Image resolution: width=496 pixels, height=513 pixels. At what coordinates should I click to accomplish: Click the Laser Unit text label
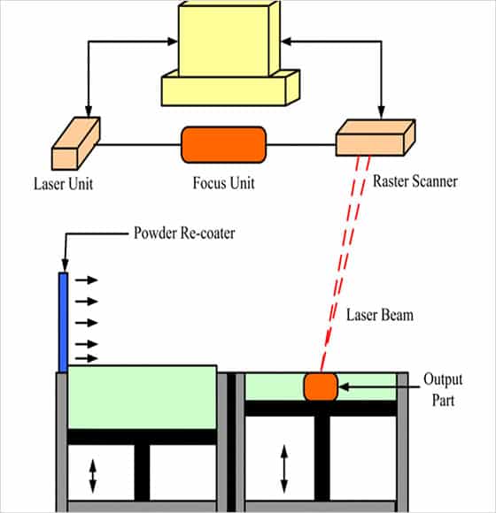tap(63, 184)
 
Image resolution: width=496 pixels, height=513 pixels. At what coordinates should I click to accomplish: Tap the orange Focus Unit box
tap(224, 144)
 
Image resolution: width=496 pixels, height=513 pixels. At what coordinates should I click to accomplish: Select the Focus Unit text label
tap(223, 182)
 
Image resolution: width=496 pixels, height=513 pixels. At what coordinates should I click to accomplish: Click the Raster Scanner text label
tap(415, 181)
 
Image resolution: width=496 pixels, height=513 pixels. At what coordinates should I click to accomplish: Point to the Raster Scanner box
tap(376, 137)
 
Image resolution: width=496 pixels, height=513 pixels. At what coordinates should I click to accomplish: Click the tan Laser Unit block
tap(76, 143)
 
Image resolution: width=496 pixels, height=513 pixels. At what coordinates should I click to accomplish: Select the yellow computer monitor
tap(229, 39)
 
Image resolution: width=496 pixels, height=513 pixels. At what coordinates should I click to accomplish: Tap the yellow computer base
tap(230, 88)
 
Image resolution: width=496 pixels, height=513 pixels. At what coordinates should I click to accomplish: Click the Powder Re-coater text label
tap(184, 233)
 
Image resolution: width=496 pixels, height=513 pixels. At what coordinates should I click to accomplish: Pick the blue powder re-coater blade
tap(63, 322)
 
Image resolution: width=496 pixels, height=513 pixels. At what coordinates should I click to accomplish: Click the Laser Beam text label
tap(380, 315)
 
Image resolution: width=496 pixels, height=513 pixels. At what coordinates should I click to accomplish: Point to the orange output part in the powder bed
tap(321, 387)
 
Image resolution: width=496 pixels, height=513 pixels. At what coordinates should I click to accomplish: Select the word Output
tap(443, 379)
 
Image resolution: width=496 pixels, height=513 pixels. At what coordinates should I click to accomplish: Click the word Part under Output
tap(443, 400)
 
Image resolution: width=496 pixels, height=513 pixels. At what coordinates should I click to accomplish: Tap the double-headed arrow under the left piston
tap(93, 476)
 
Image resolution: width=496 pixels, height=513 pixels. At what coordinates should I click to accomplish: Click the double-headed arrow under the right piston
tap(284, 469)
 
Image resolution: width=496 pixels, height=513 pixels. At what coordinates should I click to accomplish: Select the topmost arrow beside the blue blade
tap(87, 280)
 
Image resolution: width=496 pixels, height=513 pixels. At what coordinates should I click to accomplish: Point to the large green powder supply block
tap(142, 397)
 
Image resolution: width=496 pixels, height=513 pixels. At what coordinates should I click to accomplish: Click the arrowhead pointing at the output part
tap(344, 387)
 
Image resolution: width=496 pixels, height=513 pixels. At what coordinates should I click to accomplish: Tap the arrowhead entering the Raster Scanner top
tap(381, 112)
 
